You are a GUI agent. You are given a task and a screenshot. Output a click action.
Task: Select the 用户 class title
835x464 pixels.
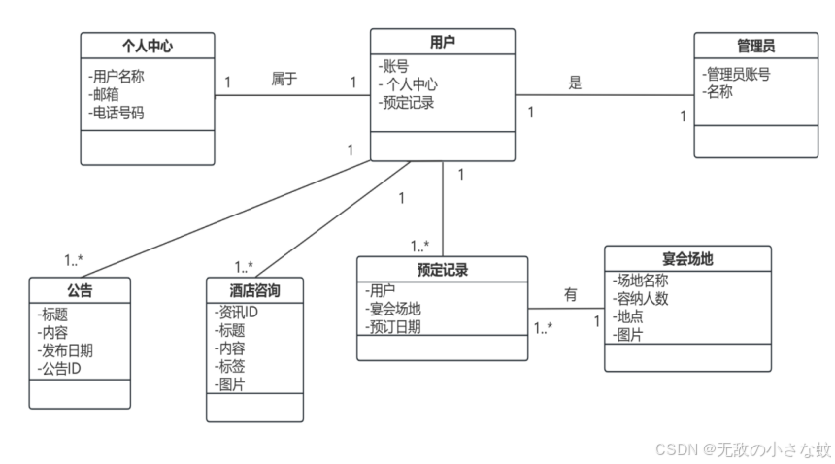(442, 42)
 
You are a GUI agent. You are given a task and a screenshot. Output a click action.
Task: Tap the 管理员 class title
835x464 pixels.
(755, 46)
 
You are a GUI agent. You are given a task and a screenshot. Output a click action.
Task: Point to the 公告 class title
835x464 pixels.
(80, 290)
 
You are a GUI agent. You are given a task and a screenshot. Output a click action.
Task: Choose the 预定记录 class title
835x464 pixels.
(442, 269)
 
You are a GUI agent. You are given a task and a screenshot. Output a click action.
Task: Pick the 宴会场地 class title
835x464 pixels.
(687, 258)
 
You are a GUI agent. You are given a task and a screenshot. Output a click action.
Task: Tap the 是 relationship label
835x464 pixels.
(575, 83)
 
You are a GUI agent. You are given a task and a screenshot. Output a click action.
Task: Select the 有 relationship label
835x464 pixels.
(571, 294)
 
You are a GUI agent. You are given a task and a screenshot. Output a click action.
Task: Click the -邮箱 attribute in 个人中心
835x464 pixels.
(107, 94)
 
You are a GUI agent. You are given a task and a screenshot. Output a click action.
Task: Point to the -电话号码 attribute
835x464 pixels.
(120, 112)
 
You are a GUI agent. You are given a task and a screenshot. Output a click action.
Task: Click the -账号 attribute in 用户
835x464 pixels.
(394, 66)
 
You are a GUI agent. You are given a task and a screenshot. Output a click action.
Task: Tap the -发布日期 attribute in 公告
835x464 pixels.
(69, 350)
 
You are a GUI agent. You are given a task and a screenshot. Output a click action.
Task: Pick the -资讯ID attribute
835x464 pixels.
(236, 312)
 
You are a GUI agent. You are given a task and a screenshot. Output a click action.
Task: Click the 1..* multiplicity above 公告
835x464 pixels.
(74, 260)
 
